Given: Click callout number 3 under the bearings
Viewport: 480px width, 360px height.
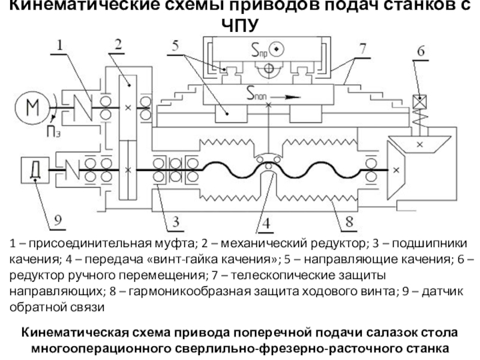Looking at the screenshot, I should [176, 222].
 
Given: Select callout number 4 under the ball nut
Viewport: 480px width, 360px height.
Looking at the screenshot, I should [267, 224].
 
